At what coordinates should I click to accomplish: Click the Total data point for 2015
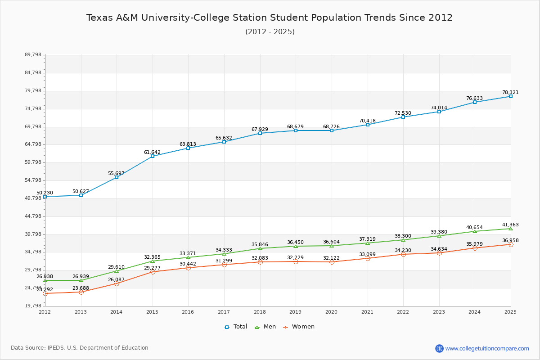(153, 156)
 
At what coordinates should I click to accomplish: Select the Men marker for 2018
(260, 248)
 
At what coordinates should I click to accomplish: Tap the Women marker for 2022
(403, 254)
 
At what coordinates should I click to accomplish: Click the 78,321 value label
(510, 92)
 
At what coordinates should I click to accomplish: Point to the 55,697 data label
(116, 173)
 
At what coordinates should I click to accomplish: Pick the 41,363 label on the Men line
(510, 225)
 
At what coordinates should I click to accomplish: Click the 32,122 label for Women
(332, 254)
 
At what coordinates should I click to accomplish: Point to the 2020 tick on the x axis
(331, 312)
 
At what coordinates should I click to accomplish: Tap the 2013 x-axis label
(81, 312)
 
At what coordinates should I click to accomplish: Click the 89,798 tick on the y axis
(33, 55)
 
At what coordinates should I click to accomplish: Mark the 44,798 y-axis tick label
(33, 216)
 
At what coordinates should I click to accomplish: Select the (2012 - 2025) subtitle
(270, 32)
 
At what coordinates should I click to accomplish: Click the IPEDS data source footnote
(80, 348)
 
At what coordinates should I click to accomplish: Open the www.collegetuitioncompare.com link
(487, 348)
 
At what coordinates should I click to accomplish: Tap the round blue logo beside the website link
(439, 348)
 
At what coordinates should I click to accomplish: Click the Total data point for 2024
(475, 102)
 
